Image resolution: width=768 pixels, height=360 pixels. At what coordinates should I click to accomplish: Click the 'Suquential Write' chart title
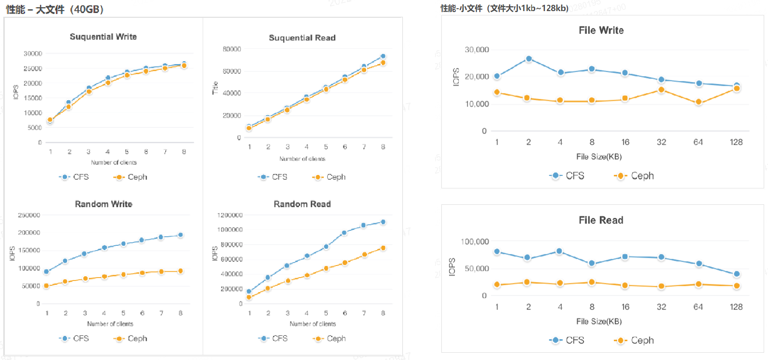coord(103,37)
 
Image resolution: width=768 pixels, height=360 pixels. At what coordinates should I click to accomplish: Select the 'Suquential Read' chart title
coord(302,38)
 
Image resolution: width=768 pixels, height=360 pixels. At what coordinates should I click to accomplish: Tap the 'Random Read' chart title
coord(302,204)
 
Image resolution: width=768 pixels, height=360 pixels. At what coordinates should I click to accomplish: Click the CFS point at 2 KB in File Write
coord(529,59)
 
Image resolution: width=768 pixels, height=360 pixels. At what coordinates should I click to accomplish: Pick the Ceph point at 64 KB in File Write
coord(699,102)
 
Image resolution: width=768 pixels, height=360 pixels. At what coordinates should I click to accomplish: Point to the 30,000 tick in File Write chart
coord(477,50)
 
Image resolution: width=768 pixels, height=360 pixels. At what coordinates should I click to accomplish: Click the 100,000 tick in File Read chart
coord(475,241)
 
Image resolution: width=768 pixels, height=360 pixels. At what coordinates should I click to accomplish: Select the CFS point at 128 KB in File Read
coord(736,274)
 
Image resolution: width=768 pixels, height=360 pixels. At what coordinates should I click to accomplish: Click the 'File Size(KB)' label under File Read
coord(599,321)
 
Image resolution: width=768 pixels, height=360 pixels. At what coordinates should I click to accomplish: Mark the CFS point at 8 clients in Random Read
coord(383,222)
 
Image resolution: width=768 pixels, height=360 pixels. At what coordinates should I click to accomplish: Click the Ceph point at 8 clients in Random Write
coord(181,271)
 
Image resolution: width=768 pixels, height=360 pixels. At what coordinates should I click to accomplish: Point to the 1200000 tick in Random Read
coord(230,215)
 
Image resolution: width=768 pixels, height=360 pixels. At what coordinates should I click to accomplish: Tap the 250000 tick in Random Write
coord(29,215)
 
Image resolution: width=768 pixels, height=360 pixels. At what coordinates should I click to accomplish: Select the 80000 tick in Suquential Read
coord(232,49)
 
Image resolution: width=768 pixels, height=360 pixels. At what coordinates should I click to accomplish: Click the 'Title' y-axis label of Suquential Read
coord(215,88)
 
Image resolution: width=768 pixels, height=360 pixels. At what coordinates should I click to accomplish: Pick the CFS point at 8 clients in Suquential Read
coord(383,56)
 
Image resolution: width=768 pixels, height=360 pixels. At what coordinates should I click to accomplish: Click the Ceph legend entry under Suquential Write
coord(131,177)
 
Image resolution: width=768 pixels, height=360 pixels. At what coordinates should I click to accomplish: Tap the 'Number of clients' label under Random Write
coord(110,324)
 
